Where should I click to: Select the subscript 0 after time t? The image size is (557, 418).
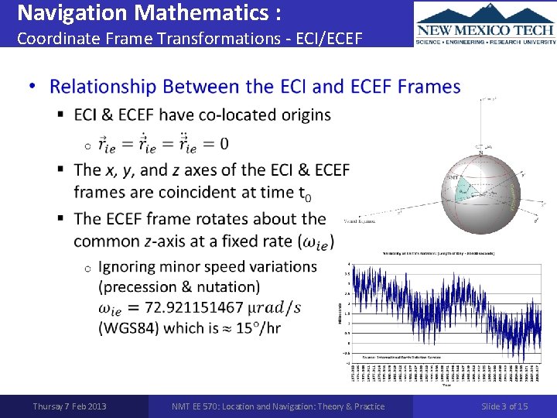[x=308, y=197]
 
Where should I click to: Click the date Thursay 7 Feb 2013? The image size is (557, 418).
[x=70, y=406]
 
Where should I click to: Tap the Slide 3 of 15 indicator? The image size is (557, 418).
[x=504, y=406]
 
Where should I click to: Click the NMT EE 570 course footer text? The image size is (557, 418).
[x=278, y=406]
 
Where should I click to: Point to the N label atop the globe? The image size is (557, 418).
[x=480, y=153]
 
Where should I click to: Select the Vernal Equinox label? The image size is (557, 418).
[x=360, y=221]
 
